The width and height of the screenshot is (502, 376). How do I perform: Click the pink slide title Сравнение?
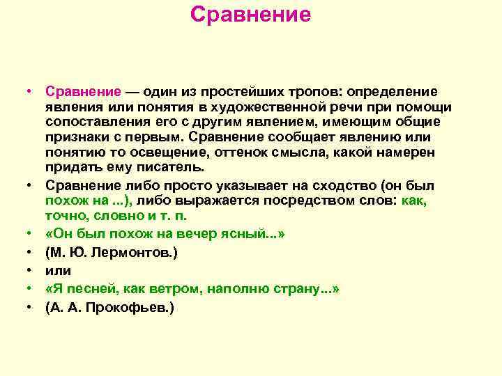pyautogui.click(x=250, y=15)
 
